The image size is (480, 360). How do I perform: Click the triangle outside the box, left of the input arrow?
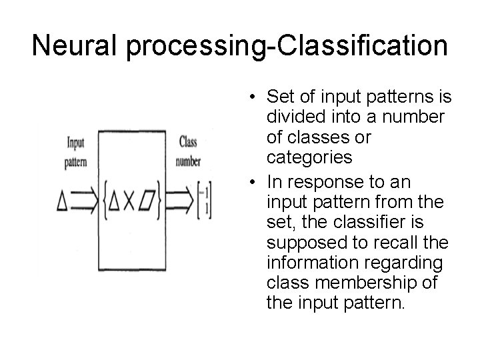pos(62,200)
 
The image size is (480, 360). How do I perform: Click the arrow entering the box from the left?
pos(83,200)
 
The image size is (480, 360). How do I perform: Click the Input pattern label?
pos(75,151)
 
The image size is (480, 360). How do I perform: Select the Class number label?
pos(188,151)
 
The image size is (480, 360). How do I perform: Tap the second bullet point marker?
pos(247,183)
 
